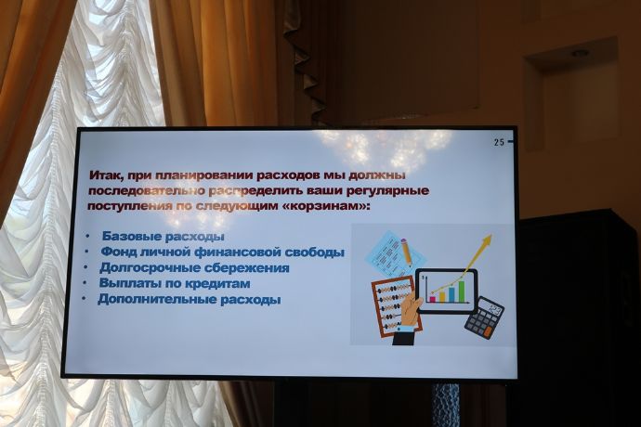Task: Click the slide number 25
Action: [x=499, y=142]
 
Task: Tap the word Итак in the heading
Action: [x=106, y=175]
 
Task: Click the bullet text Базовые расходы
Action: [x=164, y=236]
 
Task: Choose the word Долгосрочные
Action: [x=150, y=268]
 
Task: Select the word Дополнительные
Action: [x=157, y=299]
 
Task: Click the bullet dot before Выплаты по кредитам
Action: [x=85, y=282]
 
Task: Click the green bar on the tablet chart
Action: [x=462, y=291]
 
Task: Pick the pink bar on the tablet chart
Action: [x=433, y=299]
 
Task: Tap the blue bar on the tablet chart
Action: [x=451, y=294]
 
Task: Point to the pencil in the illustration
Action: [x=406, y=252]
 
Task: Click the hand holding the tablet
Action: [x=410, y=314]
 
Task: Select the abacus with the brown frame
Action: [x=396, y=306]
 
